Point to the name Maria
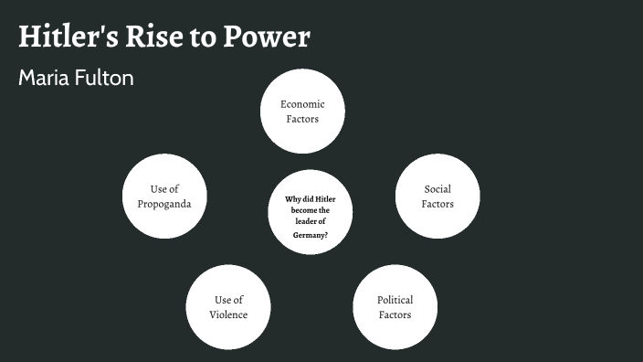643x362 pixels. tap(43, 78)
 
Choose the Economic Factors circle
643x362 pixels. tap(302, 112)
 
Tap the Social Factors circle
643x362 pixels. tap(437, 196)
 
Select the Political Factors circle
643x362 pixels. tap(395, 307)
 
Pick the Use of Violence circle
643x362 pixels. tap(228, 307)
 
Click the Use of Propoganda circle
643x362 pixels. tap(164, 196)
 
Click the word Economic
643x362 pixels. tap(302, 104)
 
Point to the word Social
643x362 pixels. tap(437, 189)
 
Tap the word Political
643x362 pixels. tap(395, 300)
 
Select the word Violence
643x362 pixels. tap(228, 314)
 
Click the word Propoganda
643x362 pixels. tap(164, 203)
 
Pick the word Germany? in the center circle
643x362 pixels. tap(311, 235)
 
